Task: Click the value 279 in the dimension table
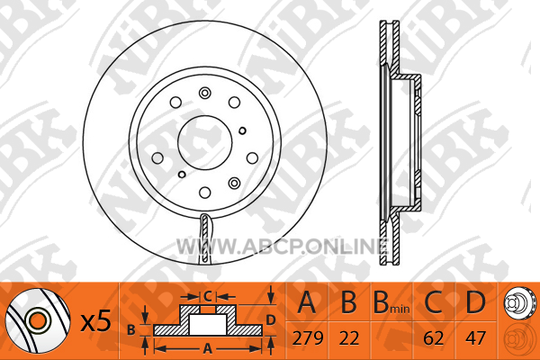[x=308, y=338]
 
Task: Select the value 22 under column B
[x=349, y=338]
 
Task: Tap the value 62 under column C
[x=433, y=338]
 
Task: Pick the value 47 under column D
[x=475, y=338]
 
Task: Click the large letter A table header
[x=307, y=302]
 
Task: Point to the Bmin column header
[x=391, y=302]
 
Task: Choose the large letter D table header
[x=475, y=302]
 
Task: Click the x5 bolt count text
[x=95, y=320]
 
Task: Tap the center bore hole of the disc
[x=205, y=142]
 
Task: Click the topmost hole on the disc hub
[x=205, y=93]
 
